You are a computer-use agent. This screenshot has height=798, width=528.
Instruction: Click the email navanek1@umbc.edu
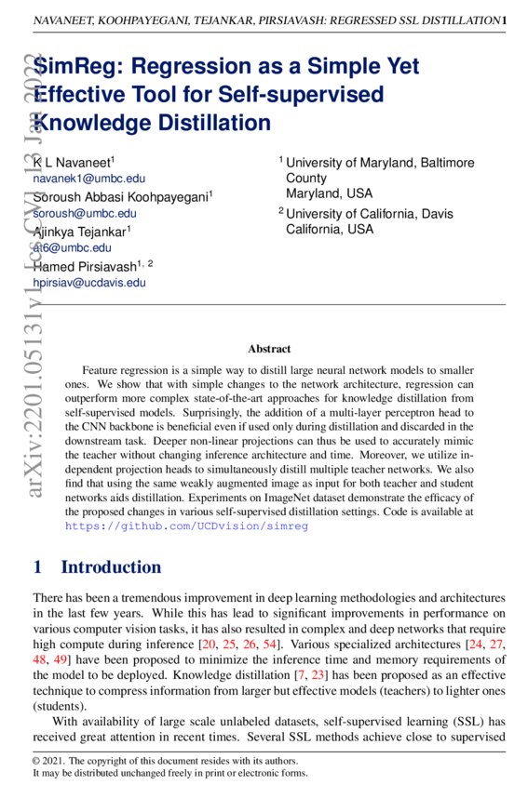89,179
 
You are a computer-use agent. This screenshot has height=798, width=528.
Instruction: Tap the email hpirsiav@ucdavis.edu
89,282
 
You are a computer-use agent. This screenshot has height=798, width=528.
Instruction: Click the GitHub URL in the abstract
186,525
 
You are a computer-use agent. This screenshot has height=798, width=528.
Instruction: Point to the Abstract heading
269,349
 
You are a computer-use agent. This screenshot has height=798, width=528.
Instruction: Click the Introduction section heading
111,566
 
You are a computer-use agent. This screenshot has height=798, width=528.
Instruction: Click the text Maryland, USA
329,193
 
